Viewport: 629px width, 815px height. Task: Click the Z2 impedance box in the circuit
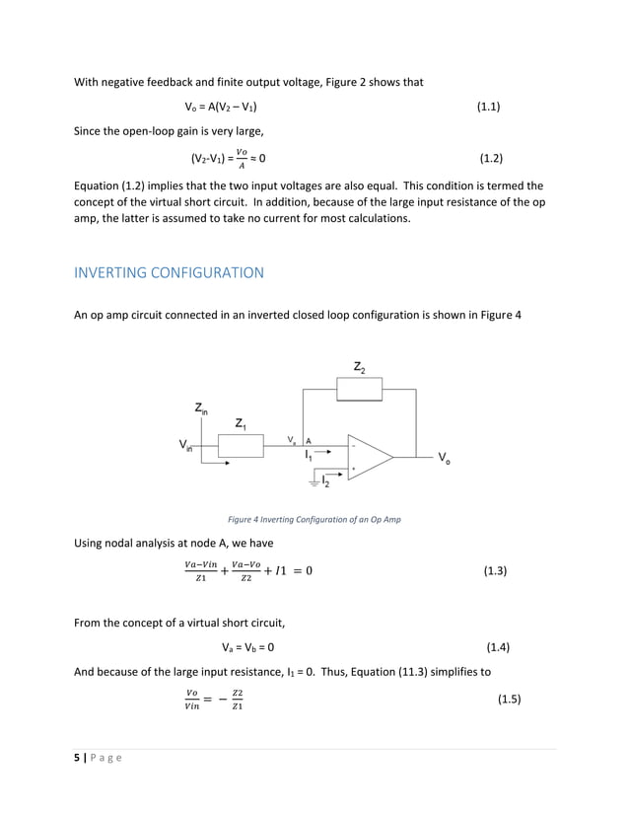[359, 390]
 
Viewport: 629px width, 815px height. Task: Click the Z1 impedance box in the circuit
[241, 446]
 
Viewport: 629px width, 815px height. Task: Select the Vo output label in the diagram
[446, 459]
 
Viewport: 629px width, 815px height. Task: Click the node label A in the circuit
[309, 440]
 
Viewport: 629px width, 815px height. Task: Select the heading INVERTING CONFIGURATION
[169, 272]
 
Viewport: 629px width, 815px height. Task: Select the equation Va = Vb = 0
[247, 647]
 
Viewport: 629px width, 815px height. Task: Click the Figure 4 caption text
[314, 519]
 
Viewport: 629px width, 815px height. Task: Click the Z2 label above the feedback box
[362, 367]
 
